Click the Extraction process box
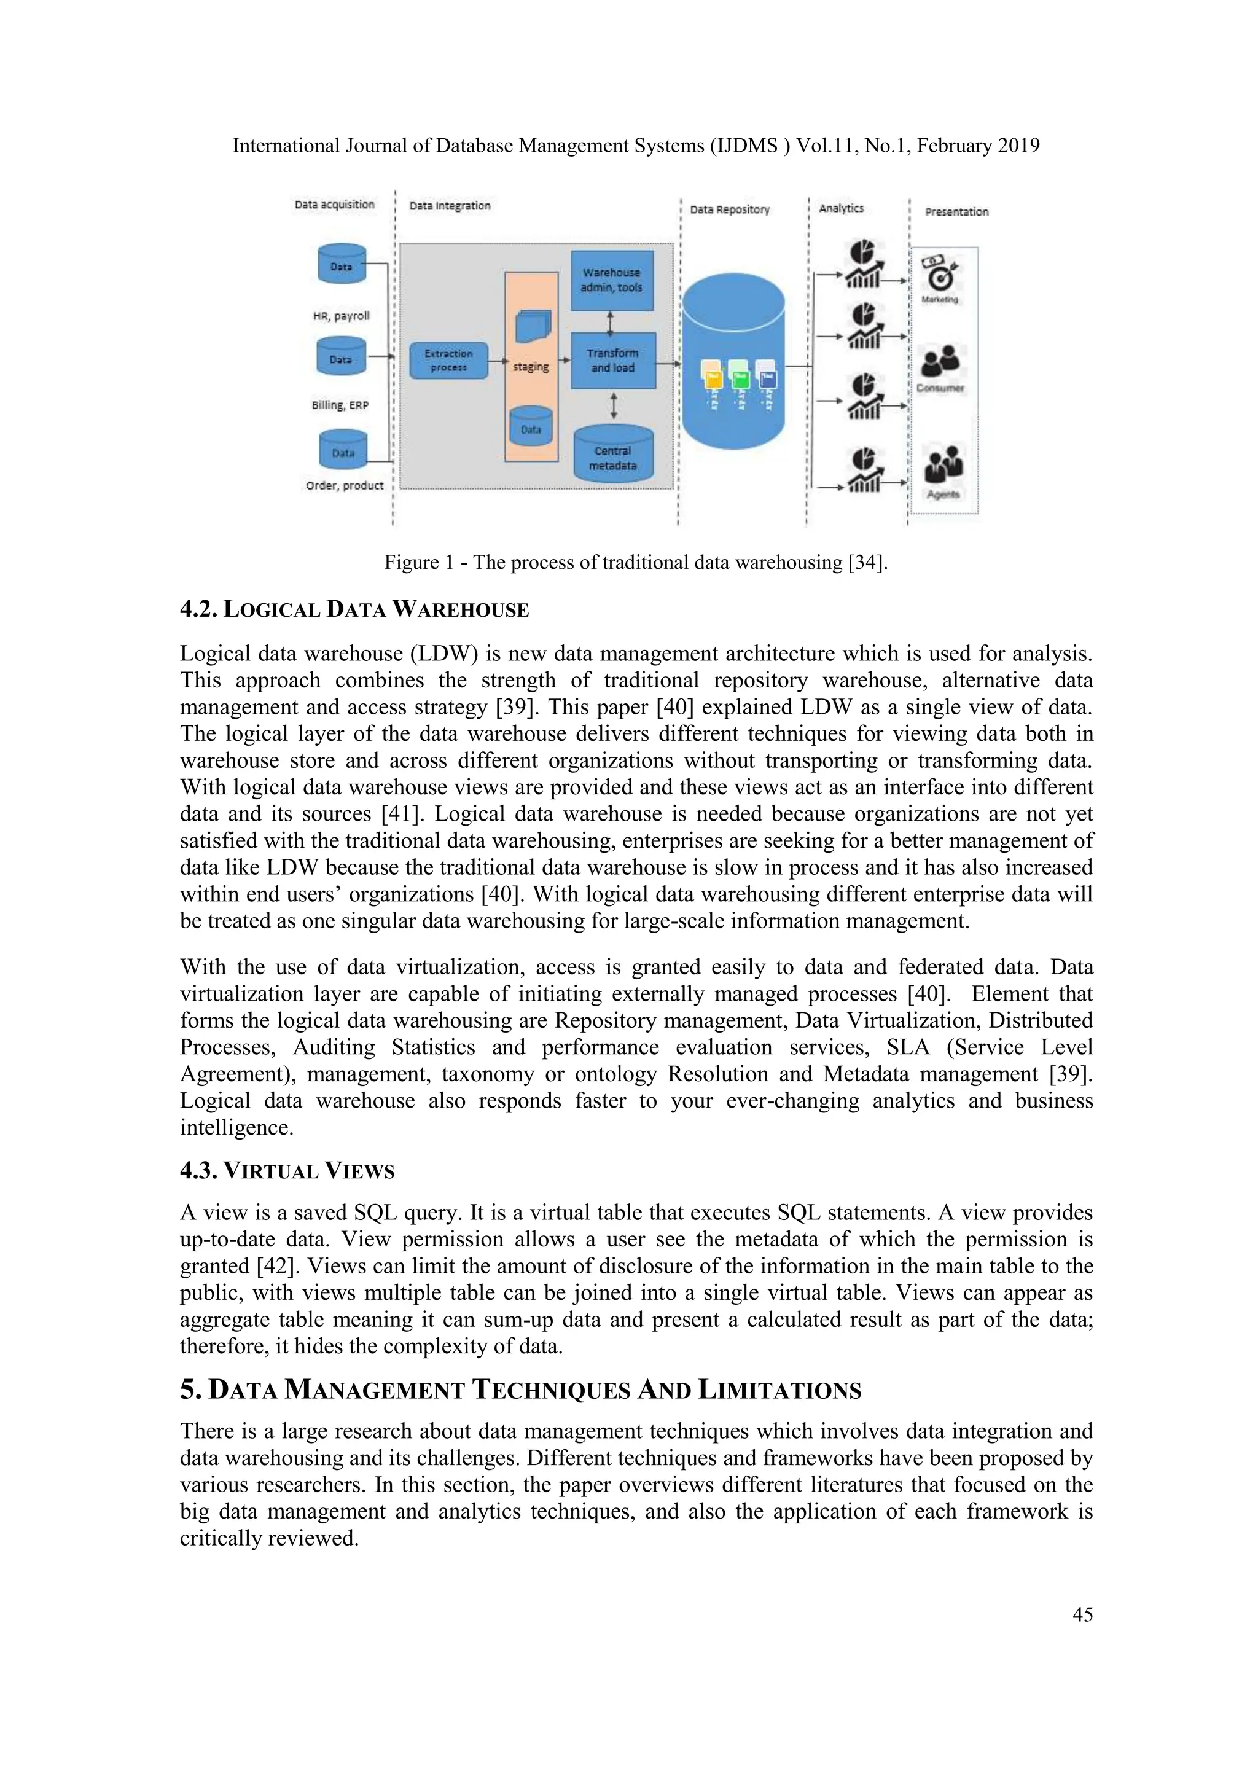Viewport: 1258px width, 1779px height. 448,361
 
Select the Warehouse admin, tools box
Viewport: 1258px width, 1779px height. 612,280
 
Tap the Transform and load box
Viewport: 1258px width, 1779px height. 613,361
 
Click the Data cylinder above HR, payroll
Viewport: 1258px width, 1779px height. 342,265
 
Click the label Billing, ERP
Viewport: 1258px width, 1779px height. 340,405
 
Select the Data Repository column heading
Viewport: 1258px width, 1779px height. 730,209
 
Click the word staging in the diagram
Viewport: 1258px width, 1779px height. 531,367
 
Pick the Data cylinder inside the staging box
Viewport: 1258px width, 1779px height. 531,428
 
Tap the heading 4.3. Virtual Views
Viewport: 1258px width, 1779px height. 287,1171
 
